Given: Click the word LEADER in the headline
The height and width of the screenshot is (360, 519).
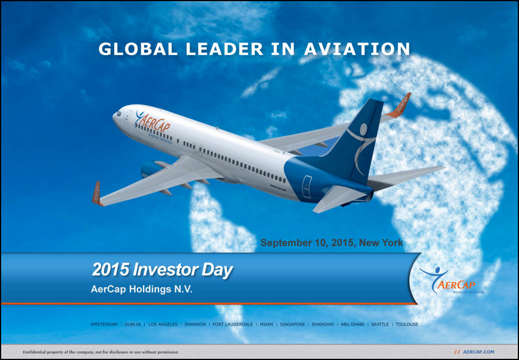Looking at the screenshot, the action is tap(224, 49).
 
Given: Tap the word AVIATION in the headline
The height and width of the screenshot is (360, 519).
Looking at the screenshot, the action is tap(357, 49).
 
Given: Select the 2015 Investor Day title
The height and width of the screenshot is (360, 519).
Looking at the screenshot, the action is tap(162, 270).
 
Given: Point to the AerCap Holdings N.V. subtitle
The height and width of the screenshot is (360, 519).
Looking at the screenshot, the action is tap(141, 289).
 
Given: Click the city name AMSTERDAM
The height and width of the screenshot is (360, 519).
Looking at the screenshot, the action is tap(104, 324).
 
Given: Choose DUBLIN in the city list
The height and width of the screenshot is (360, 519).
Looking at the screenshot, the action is tap(133, 324).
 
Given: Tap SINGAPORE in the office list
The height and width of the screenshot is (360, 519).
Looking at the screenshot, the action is tap(292, 324).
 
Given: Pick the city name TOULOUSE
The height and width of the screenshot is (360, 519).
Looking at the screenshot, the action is tap(407, 324).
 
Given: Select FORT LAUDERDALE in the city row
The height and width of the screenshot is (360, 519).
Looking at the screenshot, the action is tap(233, 324).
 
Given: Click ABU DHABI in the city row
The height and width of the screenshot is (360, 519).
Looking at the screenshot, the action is tap(353, 324).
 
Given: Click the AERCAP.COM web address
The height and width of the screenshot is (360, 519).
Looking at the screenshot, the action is tap(479, 352).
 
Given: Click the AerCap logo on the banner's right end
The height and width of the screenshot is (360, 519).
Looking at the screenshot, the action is tap(451, 281).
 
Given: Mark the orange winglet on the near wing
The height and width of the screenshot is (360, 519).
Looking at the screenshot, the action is tap(96, 193).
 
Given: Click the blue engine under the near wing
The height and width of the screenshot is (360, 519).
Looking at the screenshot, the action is tap(150, 169).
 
